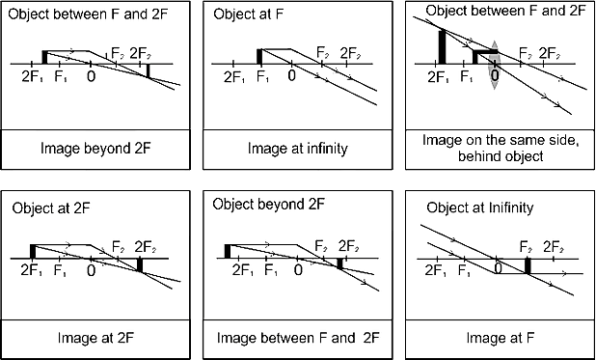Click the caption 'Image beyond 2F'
pyautogui.click(x=95, y=149)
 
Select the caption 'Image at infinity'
pyautogui.click(x=298, y=149)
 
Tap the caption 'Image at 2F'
pyautogui.click(x=95, y=338)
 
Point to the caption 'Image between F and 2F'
pyautogui.click(x=298, y=338)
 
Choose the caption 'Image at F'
pyautogui.click(x=501, y=338)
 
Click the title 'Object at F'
pyautogui.click(x=249, y=14)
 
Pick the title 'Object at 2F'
pyautogui.click(x=51, y=208)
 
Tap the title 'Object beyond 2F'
pyautogui.click(x=268, y=205)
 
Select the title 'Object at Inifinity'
pyautogui.click(x=479, y=208)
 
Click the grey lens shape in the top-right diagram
pyautogui.click(x=494, y=65)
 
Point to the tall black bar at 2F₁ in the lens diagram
pyautogui.click(x=442, y=46)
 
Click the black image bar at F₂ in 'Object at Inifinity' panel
pyautogui.click(x=528, y=265)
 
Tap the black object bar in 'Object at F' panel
pyautogui.click(x=259, y=56)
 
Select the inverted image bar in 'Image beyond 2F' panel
pyautogui.click(x=149, y=70)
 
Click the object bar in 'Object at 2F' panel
pyautogui.click(x=33, y=252)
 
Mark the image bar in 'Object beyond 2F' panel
pyautogui.click(x=339, y=263)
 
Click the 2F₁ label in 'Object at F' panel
pyautogui.click(x=233, y=77)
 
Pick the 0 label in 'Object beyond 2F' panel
pyautogui.click(x=298, y=270)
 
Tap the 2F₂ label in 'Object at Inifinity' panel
pyautogui.click(x=553, y=247)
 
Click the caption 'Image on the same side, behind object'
pyautogui.click(x=501, y=149)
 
